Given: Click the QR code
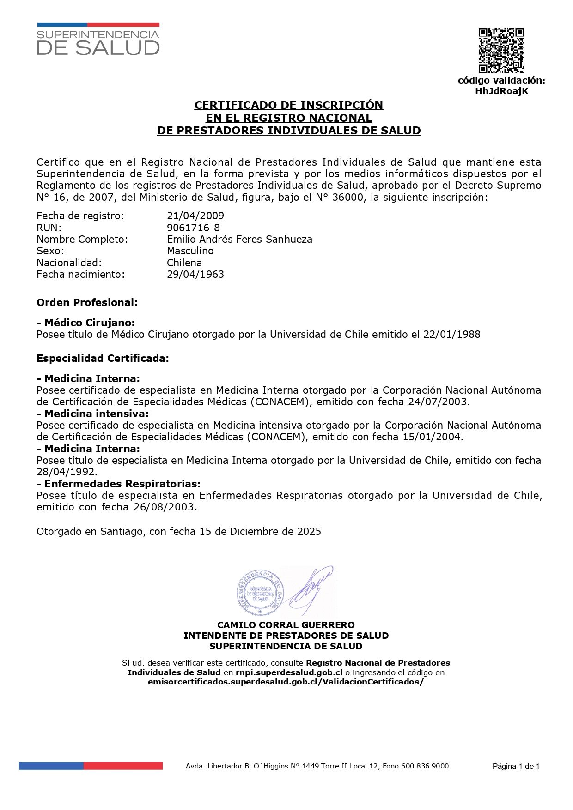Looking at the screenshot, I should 501,50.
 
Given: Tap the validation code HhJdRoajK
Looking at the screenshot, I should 501,91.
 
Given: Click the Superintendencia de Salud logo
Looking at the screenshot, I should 98,40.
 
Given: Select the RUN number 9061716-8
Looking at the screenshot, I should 193,228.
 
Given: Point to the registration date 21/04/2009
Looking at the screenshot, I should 195,216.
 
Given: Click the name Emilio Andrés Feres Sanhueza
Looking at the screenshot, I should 239,239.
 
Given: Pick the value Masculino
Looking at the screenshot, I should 190,251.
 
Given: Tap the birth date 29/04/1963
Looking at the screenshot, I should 195,274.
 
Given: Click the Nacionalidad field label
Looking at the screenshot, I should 69,263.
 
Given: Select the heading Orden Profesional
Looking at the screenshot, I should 87,303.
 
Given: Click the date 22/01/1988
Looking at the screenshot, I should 451,334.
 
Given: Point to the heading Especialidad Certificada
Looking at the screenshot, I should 103,358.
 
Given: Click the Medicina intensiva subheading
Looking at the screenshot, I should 93,414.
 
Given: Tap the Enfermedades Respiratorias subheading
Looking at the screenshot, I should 119,484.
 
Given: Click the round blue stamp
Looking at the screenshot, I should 260,593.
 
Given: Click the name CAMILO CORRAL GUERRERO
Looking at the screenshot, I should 286,625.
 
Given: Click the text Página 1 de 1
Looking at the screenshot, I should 516,766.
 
